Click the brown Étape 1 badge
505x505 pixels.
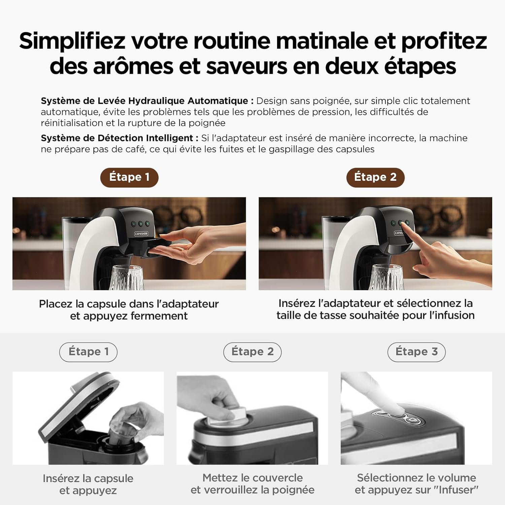[x=129, y=177]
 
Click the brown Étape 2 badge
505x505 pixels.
[x=375, y=177]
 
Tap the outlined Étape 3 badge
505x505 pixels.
[x=416, y=352]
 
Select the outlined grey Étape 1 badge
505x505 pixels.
[x=89, y=352]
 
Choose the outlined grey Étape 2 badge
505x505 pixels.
[x=252, y=352]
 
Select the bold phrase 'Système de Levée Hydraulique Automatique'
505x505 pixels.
[x=145, y=101]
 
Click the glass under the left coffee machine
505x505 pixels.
[x=127, y=277]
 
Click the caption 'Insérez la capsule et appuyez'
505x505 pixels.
[x=88, y=484]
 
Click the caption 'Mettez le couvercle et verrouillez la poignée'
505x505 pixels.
[x=252, y=484]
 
